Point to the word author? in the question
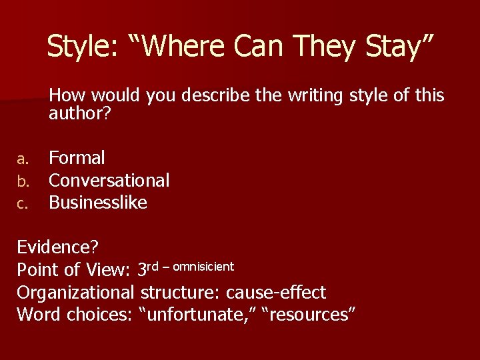tap(79, 114)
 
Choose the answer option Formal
tap(77, 158)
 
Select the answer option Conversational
tap(109, 180)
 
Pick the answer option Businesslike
tap(98, 203)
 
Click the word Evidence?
tap(58, 247)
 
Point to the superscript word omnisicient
tap(203, 267)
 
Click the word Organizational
tap(76, 292)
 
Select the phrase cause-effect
tap(276, 292)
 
